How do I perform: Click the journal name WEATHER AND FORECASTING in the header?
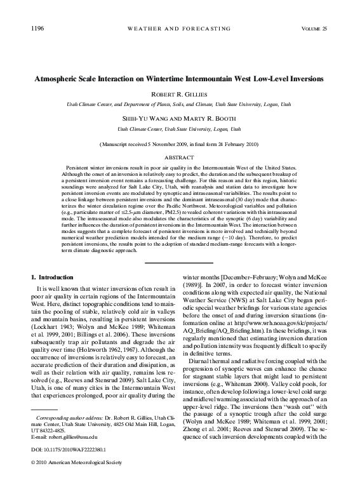(180, 29)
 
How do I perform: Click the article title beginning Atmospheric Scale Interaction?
(180, 79)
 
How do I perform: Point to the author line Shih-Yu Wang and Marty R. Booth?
(180, 119)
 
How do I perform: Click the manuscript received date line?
(180, 144)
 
